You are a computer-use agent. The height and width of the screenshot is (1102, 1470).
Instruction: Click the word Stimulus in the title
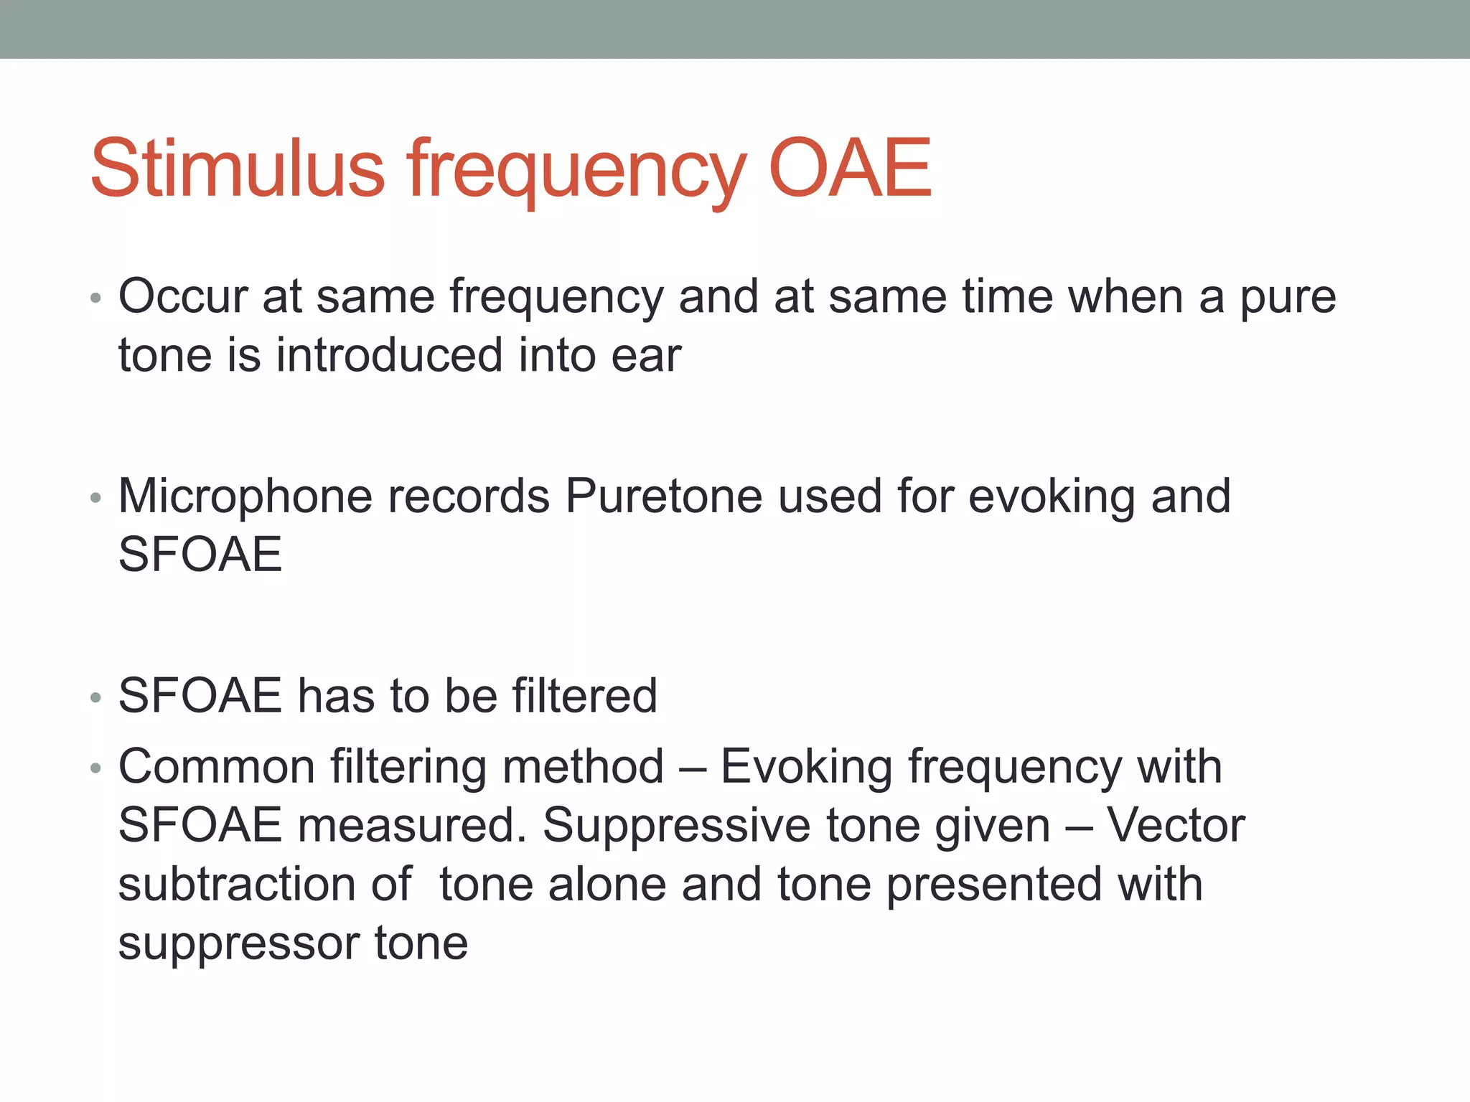pos(238,169)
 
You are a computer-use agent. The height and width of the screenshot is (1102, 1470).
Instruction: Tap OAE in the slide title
pos(849,169)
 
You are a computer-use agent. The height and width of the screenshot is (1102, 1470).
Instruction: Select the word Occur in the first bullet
pos(182,296)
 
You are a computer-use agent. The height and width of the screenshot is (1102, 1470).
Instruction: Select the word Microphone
pos(245,496)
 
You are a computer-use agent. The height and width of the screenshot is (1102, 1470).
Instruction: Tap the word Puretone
pos(663,496)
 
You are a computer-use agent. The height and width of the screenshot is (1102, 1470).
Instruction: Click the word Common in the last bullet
pos(216,767)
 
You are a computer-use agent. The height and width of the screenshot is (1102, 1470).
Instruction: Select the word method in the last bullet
pos(583,767)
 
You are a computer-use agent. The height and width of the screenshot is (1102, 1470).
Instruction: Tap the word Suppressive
pos(676,826)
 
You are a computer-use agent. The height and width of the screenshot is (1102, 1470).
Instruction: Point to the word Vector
pos(1176,826)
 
